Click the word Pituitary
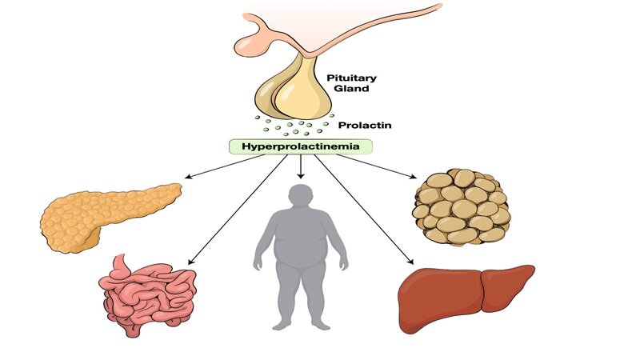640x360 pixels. pyautogui.click(x=350, y=78)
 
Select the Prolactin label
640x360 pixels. pyautogui.click(x=364, y=126)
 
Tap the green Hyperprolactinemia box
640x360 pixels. pyautogui.click(x=301, y=146)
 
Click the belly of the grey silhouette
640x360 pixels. pyautogui.click(x=301, y=256)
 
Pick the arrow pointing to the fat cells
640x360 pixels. pyautogui.click(x=368, y=163)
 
